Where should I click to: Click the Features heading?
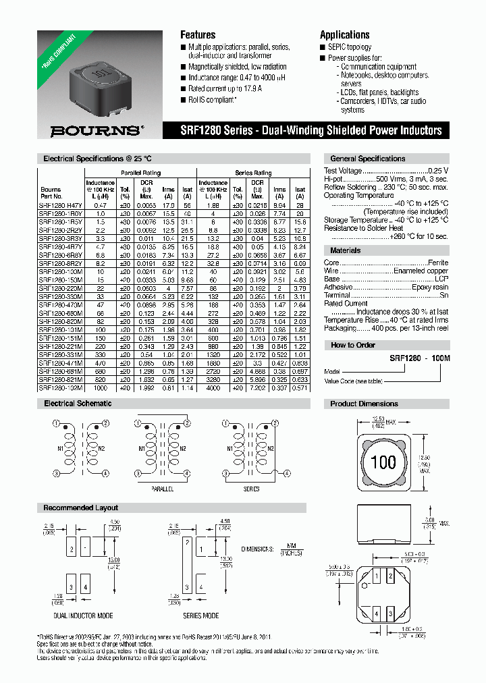click(198, 34)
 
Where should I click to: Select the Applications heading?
click(344, 34)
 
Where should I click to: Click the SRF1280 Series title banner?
click(311, 130)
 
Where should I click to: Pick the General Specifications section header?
click(367, 159)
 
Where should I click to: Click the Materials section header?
click(345, 250)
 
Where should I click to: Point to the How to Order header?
click(352, 345)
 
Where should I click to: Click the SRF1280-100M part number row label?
click(61, 271)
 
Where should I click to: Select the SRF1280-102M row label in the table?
click(61, 388)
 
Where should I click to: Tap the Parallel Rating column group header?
click(140, 173)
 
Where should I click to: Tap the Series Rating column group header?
click(252, 173)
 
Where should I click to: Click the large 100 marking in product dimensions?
click(383, 463)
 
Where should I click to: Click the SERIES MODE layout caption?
click(200, 616)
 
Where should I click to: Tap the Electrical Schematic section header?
click(78, 404)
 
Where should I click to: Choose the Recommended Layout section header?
click(81, 508)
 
